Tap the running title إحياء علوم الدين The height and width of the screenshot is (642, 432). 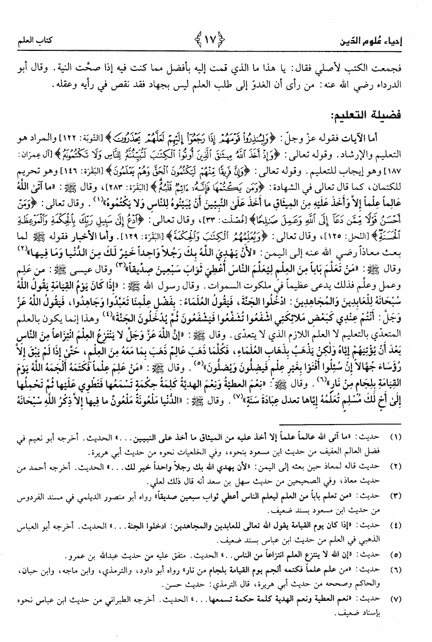click(378, 42)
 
